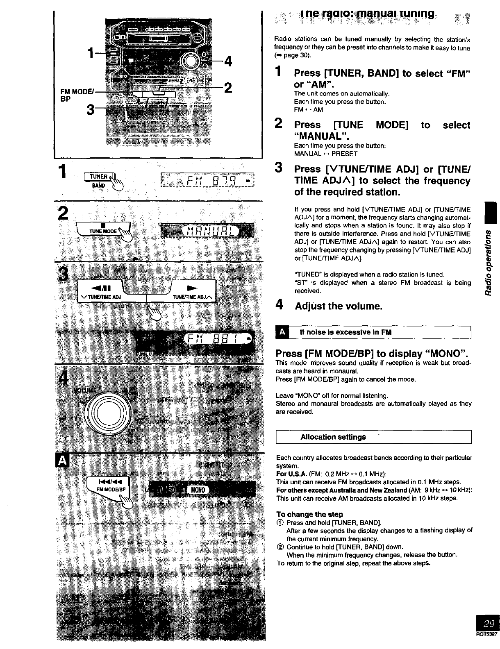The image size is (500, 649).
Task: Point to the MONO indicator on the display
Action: tap(198, 490)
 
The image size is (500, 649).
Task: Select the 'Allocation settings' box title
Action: tap(333, 437)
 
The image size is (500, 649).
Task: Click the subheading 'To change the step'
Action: tap(309, 514)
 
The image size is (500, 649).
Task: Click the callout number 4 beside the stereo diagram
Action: tap(228, 62)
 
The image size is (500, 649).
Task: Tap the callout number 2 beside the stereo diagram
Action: tap(228, 88)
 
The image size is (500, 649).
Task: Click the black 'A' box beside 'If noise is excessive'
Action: tap(282, 332)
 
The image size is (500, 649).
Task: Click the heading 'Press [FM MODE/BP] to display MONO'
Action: tap(372, 353)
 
